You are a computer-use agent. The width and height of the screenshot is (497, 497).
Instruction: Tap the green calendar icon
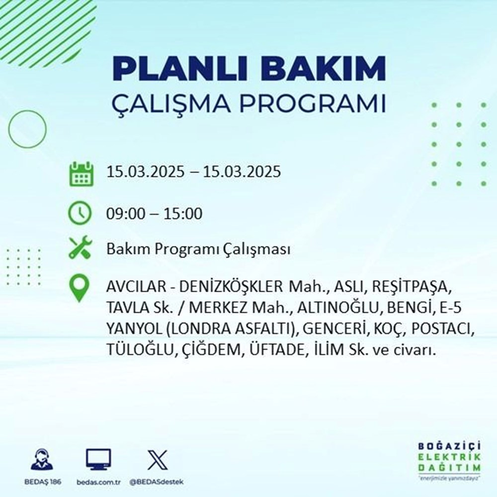[81, 173]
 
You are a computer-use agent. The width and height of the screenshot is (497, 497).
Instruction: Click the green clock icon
[80, 214]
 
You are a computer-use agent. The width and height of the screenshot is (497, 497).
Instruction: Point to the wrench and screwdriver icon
[80, 248]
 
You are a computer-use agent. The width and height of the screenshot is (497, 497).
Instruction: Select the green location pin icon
[80, 288]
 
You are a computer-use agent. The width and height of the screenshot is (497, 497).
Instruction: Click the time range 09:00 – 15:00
[155, 214]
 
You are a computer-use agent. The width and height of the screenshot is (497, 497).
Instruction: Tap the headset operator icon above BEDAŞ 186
[42, 459]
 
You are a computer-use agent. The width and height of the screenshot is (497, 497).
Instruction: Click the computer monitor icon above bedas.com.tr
[98, 459]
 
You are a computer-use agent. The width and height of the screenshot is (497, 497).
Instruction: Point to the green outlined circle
[27, 129]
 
